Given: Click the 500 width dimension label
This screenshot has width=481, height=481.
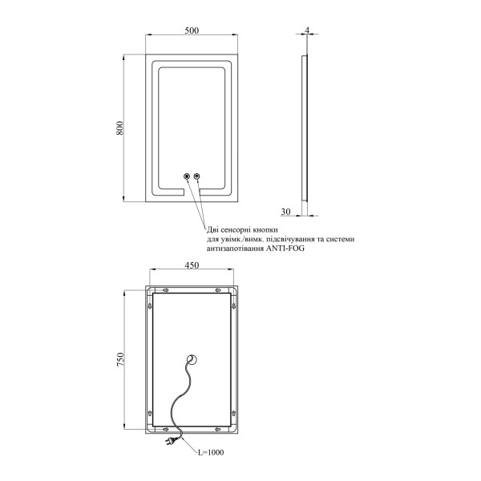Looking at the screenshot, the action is [192, 30].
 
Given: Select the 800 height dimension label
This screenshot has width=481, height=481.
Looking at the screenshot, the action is [120, 128].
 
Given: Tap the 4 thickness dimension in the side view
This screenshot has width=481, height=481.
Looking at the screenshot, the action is [307, 30].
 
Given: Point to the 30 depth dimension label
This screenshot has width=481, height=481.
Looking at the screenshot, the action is [285, 212].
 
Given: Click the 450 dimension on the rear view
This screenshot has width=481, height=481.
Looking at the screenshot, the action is [192, 265].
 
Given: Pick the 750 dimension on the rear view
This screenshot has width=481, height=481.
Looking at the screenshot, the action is [120, 359].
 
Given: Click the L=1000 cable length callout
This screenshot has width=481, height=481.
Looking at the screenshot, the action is [210, 452].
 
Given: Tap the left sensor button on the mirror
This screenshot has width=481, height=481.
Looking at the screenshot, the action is [186, 176].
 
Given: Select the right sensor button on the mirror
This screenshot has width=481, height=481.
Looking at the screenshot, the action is [197, 176].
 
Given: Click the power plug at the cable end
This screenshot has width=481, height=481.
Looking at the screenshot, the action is [171, 441].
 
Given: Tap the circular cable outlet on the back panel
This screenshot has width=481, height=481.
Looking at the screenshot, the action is [192, 359].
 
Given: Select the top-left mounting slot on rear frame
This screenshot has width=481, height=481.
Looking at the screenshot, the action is [165, 290].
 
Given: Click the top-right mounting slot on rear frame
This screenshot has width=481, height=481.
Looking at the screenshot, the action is [218, 290].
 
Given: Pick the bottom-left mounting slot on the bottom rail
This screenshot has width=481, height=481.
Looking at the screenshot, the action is [165, 429].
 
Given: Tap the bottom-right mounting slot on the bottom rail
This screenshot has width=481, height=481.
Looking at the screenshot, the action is [218, 429].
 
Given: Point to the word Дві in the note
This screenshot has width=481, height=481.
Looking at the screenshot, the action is [212, 230].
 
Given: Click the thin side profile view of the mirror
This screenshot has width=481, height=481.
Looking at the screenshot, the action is [305, 128].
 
